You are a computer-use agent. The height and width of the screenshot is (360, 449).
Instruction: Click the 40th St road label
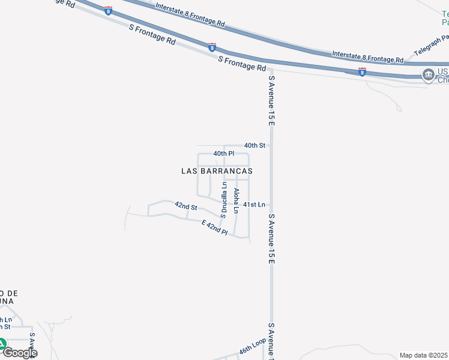click(255, 145)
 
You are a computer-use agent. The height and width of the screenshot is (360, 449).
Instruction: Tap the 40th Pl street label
click(223, 154)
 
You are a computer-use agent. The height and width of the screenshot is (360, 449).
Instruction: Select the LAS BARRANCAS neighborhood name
click(217, 171)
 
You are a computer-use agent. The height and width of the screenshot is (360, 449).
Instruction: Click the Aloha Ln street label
click(237, 200)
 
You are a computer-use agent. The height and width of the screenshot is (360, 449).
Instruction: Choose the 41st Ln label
click(254, 205)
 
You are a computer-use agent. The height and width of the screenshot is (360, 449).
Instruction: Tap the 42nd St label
click(186, 206)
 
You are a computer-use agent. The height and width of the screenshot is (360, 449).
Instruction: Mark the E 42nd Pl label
click(214, 227)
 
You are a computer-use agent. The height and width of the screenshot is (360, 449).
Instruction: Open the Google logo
click(20, 352)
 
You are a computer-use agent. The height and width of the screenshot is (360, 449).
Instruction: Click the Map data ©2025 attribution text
click(424, 355)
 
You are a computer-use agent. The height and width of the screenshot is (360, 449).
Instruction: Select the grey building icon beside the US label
click(428, 75)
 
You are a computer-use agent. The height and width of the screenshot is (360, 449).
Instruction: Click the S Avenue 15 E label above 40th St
click(271, 100)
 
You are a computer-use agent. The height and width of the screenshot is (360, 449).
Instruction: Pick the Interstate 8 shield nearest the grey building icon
click(362, 72)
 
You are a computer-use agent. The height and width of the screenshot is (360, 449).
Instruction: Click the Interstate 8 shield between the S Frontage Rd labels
click(212, 46)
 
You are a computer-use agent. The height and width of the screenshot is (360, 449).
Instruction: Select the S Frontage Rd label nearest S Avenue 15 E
click(242, 64)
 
